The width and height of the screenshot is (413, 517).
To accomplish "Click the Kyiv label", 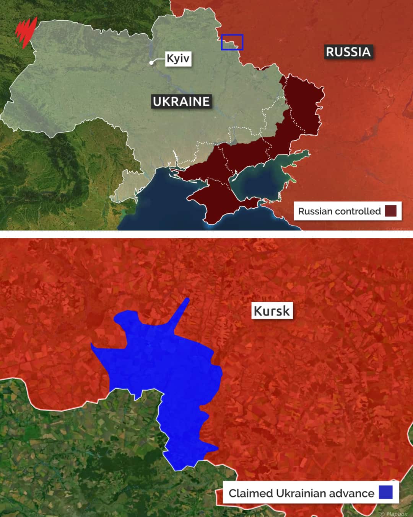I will point(178,59).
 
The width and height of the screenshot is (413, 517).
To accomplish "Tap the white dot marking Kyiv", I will point(152,62).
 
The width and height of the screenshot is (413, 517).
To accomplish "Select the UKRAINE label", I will point(181,101).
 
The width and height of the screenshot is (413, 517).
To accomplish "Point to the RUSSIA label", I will point(348,52).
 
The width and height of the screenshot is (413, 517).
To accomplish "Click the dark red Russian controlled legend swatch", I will point(390,211).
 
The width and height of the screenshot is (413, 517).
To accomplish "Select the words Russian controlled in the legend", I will point(339,211).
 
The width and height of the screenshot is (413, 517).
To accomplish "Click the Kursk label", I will point(272,311).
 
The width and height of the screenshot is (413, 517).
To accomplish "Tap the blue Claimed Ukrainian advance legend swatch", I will point(385,492).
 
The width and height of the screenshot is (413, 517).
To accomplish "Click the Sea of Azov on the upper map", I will point(264,180).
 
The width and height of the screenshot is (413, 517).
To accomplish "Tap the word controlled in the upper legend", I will point(362,211).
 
